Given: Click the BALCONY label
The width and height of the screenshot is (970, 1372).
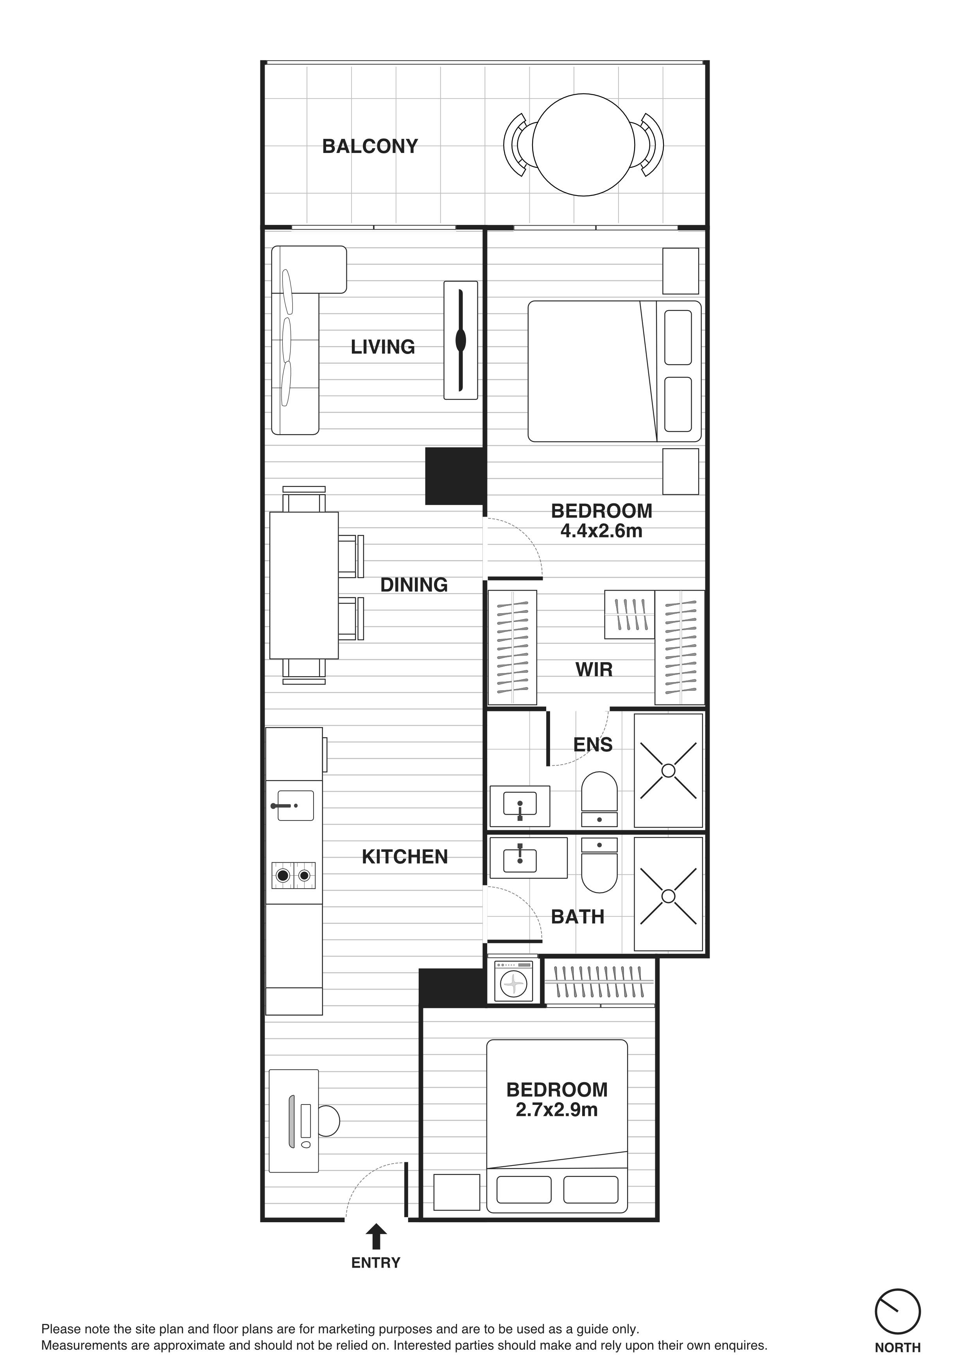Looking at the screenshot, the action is (x=370, y=146).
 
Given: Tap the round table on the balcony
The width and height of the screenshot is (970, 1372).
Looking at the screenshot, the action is (x=584, y=145).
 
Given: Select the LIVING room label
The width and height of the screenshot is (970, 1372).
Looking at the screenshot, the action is (x=383, y=347).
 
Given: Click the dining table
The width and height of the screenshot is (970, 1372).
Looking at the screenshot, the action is (x=304, y=585).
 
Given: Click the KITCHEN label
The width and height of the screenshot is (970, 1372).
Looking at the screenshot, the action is (x=405, y=857).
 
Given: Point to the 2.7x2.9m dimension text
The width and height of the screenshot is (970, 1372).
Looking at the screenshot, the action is (x=557, y=1110).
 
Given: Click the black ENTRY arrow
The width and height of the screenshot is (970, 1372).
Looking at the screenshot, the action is (x=376, y=1236).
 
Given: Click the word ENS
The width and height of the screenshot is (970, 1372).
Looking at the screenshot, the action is (x=593, y=745).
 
